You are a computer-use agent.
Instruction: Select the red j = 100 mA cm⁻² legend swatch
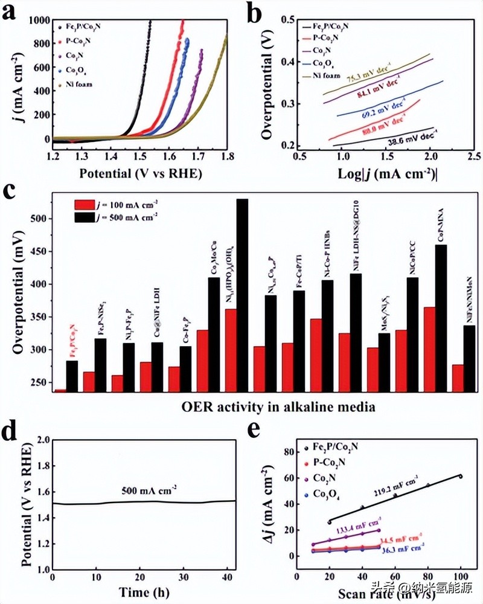(x=86, y=204)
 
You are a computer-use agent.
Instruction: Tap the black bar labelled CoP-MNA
(x=441, y=318)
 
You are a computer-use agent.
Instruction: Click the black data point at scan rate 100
(x=461, y=476)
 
